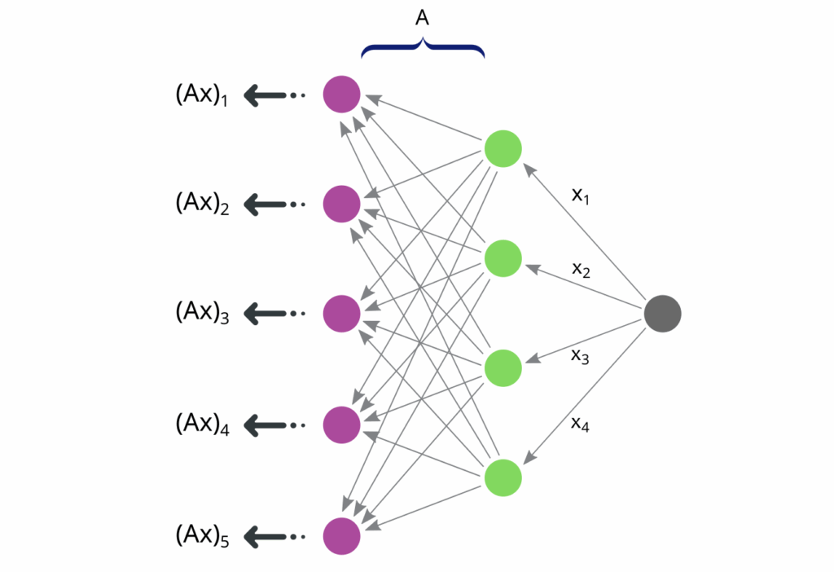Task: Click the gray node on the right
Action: (x=662, y=314)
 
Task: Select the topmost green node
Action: (x=503, y=149)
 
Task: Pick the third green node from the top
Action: (x=503, y=368)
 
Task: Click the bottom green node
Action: (x=503, y=477)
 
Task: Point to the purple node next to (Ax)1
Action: (x=342, y=94)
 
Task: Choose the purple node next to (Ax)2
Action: (x=342, y=204)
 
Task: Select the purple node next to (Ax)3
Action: (x=342, y=314)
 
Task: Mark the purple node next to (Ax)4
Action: (x=342, y=424)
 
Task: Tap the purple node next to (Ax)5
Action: (x=342, y=535)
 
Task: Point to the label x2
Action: (x=581, y=270)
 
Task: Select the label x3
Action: (x=581, y=356)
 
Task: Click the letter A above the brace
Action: (x=422, y=19)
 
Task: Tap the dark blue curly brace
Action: (x=423, y=49)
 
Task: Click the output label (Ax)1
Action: (x=201, y=95)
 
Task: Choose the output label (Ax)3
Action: (x=201, y=314)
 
